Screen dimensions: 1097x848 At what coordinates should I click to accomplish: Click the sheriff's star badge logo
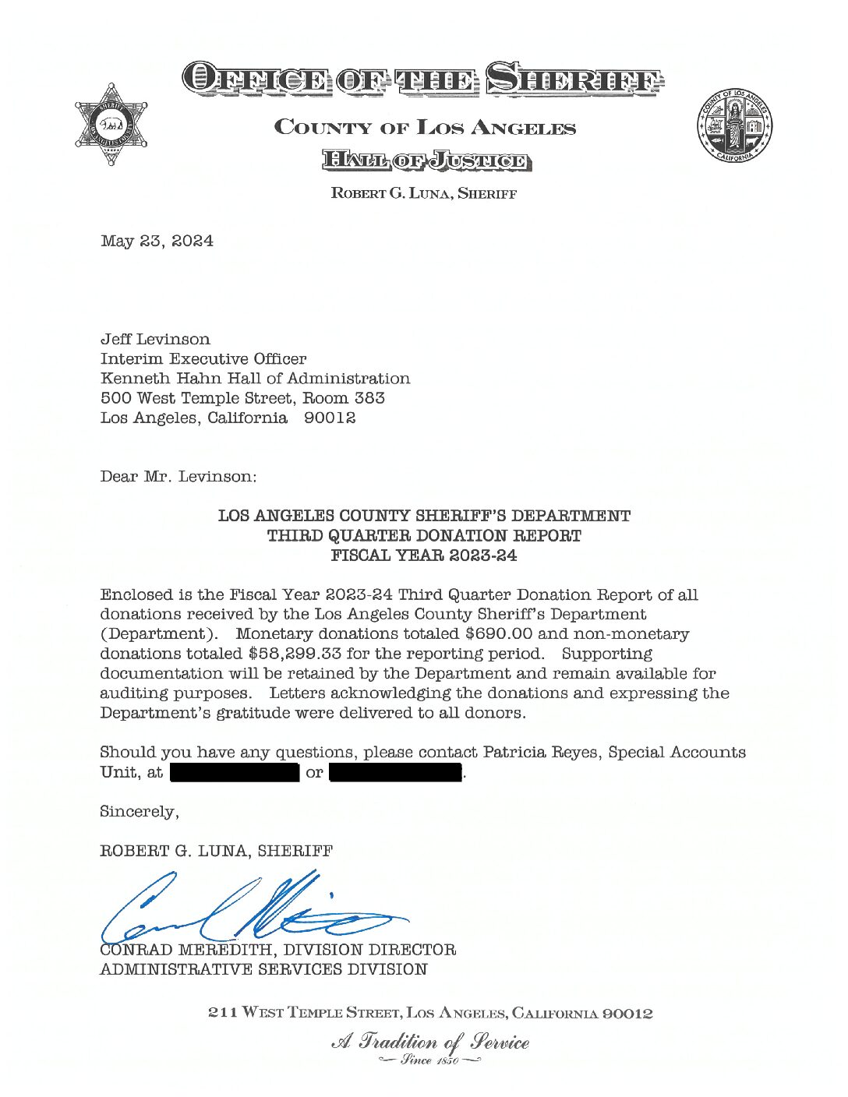[111, 125]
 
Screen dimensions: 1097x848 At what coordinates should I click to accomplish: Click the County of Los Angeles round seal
[734, 125]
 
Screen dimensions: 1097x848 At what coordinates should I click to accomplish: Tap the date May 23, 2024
[157, 241]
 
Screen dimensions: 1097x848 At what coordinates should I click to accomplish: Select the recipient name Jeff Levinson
[155, 339]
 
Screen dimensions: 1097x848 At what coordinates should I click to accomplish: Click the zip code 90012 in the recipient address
[330, 418]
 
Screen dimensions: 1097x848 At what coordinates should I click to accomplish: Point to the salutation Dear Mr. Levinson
[178, 476]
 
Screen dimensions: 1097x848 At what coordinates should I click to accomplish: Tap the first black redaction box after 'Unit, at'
[235, 773]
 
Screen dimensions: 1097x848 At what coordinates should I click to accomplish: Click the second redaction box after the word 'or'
[396, 773]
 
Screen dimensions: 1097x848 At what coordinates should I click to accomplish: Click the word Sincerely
[139, 812]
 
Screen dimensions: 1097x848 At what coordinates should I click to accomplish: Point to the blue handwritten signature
[249, 912]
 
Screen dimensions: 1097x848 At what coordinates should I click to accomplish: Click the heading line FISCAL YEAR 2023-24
[423, 556]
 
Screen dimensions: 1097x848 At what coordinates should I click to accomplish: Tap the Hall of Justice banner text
[426, 161]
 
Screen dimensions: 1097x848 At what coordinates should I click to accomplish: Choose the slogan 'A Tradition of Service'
[430, 1042]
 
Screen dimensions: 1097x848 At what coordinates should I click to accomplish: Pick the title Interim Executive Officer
[203, 359]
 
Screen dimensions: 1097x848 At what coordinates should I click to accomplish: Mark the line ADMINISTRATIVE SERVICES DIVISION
[263, 970]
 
